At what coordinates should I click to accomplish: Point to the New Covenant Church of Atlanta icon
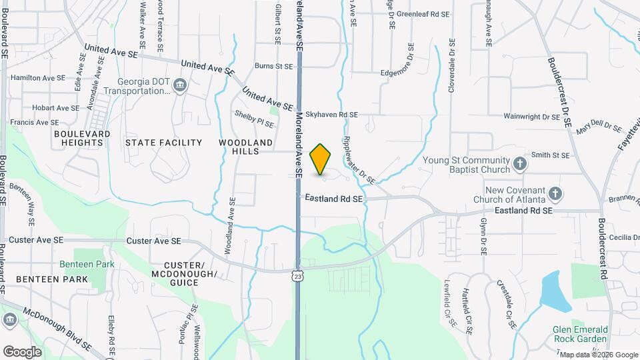pos(555,194)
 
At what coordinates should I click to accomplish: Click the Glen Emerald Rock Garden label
pos(580,335)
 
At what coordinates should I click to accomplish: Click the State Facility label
pos(163,143)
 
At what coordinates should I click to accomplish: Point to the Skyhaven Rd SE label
pos(333,115)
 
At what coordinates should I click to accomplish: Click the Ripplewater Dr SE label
pos(358,159)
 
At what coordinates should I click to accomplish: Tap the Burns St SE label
pos(274,67)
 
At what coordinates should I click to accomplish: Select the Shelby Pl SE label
pos(254,119)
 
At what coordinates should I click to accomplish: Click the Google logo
pos(22,352)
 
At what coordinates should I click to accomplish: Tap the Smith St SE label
pos(551,155)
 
